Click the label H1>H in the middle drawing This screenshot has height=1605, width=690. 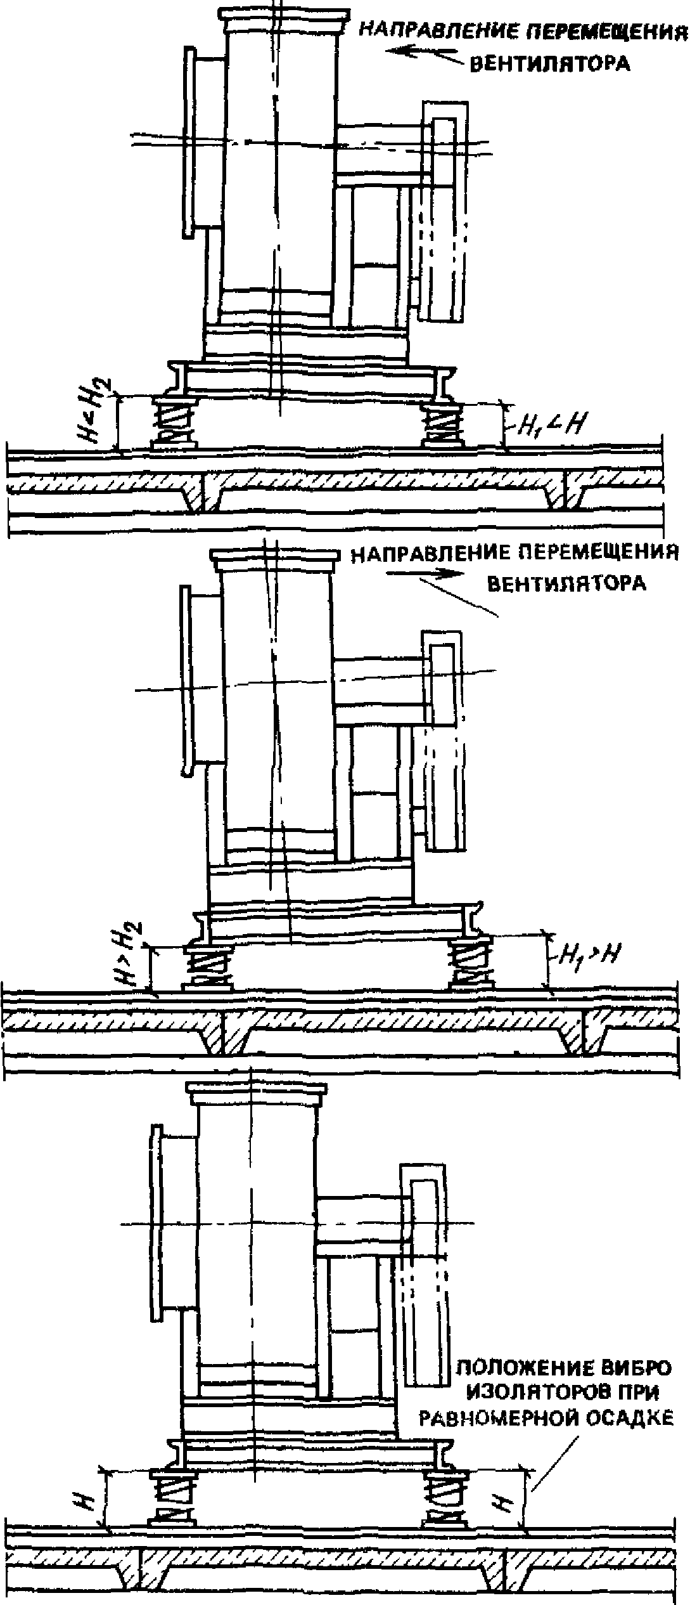point(587,951)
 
